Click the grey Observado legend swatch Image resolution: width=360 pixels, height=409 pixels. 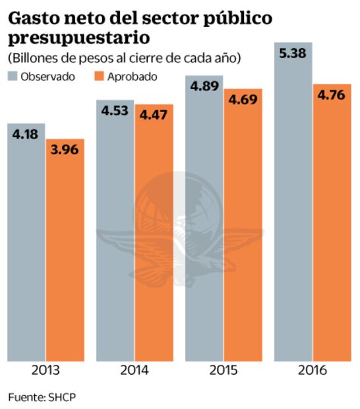point(13,76)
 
